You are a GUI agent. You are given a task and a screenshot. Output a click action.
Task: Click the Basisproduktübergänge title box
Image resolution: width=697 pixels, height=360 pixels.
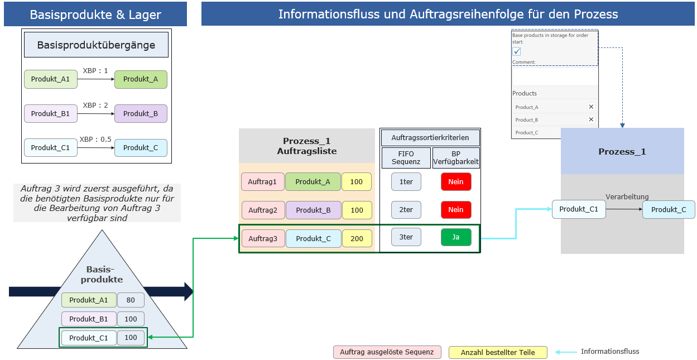(96, 45)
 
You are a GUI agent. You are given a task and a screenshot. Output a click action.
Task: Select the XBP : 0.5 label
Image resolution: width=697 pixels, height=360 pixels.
(95, 140)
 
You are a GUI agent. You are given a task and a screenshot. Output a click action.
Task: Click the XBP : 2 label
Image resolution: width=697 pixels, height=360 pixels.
(95, 105)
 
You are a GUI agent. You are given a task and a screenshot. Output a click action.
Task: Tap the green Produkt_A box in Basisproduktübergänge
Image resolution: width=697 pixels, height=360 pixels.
(141, 79)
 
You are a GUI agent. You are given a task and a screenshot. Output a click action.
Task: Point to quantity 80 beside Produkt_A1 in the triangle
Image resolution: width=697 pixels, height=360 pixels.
(131, 300)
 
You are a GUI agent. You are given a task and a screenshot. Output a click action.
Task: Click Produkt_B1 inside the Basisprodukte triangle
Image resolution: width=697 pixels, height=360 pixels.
(89, 319)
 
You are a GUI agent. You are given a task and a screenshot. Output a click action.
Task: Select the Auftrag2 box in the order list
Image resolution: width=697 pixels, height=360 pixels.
(263, 210)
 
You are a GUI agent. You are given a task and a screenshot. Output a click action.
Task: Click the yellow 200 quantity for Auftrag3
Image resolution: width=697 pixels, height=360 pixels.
(357, 238)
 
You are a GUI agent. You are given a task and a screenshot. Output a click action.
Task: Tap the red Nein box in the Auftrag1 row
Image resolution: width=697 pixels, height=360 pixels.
(456, 182)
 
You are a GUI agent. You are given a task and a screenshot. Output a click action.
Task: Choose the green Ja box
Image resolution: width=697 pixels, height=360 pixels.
(456, 237)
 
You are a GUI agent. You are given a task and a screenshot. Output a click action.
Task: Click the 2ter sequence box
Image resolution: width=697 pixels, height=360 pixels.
(406, 210)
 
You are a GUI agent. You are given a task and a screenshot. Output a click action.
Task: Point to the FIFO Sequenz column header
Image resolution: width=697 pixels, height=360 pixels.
(406, 158)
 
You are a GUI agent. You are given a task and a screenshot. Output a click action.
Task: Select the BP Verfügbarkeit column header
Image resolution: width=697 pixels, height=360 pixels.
(456, 158)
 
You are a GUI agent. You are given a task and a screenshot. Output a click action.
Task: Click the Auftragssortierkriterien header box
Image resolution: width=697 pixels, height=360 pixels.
(430, 137)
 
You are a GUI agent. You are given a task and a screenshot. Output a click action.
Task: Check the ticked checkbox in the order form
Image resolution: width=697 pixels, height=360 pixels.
(517, 51)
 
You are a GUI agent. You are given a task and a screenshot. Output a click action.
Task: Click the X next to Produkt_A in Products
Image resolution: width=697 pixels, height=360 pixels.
(591, 107)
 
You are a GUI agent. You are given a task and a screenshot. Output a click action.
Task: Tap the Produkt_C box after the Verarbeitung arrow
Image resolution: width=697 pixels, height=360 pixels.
(669, 209)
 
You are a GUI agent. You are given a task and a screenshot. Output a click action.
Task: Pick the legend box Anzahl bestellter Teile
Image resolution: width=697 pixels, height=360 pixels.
(498, 352)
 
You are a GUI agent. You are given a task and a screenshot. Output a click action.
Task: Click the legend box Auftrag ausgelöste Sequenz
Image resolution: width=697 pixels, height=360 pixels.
(387, 352)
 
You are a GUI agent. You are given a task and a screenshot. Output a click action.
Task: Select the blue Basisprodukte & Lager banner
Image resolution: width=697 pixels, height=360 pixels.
(95, 15)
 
